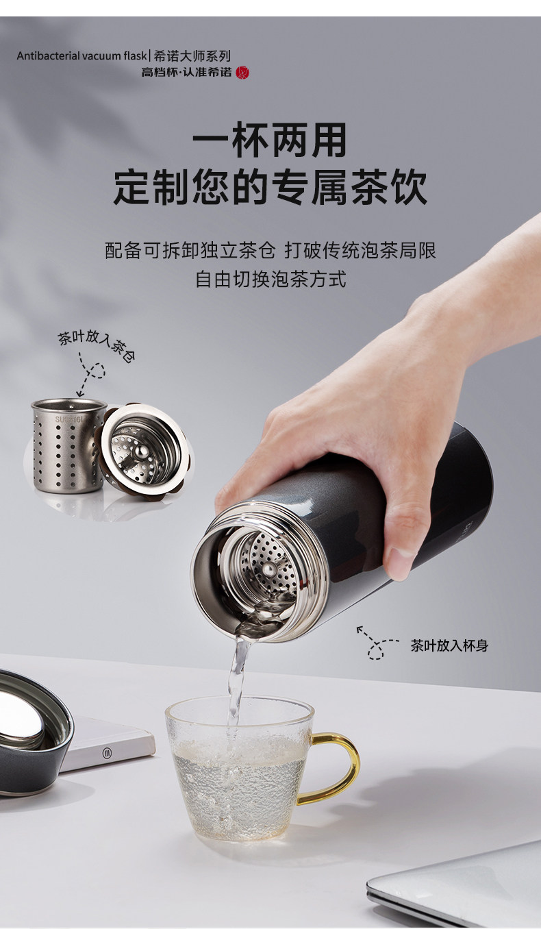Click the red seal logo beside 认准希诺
click(x=242, y=73)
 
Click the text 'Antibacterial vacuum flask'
click(x=82, y=55)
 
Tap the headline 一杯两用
click(x=270, y=140)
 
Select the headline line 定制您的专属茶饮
click(x=270, y=187)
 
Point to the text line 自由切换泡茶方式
click(x=270, y=279)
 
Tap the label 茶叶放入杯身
click(x=449, y=645)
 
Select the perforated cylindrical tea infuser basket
click(x=68, y=445)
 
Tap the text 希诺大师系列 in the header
click(x=192, y=55)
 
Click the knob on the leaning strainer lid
click(x=141, y=451)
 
